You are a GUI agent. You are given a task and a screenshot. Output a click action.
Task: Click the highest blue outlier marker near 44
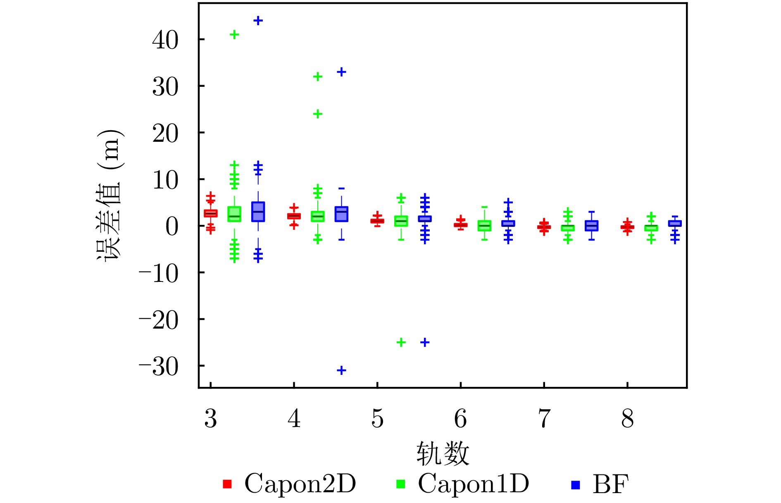tap(258, 21)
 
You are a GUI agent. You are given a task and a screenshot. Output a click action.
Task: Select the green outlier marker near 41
tap(234, 35)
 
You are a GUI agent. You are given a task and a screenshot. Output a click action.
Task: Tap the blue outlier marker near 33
tap(341, 72)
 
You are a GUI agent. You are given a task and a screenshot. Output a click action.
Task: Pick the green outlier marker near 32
tap(317, 76)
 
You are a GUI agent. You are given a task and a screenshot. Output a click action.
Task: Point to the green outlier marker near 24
tap(317, 114)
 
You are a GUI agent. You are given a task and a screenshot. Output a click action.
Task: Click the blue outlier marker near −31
tap(341, 370)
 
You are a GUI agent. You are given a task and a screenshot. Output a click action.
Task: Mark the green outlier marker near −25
tap(401, 342)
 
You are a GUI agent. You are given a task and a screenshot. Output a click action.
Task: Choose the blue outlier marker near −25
tap(425, 342)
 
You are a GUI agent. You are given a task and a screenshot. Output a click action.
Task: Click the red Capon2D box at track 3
tap(211, 213)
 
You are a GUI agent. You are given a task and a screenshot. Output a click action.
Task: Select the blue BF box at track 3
tap(258, 212)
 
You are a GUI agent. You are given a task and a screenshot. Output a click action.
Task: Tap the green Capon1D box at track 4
tap(317, 217)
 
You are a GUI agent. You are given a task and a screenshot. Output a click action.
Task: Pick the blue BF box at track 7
tap(592, 226)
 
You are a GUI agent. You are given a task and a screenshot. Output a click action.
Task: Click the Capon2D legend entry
tap(289, 484)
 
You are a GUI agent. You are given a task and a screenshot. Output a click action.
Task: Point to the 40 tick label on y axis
tap(165, 41)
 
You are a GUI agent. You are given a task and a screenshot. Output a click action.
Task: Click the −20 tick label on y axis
tap(159, 320)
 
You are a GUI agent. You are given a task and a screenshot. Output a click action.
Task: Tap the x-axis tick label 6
tap(460, 419)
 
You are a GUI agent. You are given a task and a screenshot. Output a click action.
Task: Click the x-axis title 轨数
tap(443, 453)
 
